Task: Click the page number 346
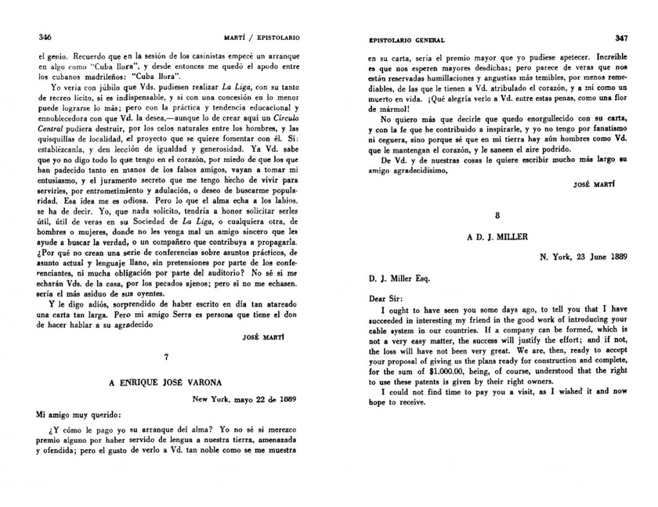click(45, 37)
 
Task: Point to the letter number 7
click(166, 357)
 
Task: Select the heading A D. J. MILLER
click(497, 237)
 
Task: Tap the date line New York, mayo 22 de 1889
click(244, 399)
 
